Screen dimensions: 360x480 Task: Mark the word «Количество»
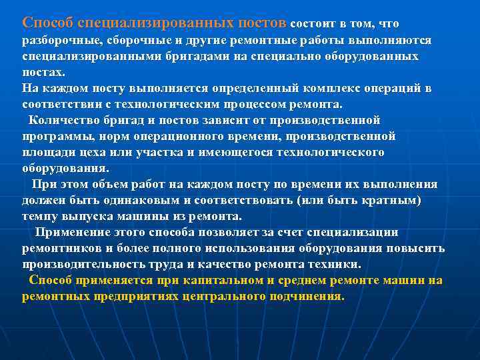(x=61, y=121)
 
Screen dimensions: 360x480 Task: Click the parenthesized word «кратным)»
(x=396, y=201)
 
